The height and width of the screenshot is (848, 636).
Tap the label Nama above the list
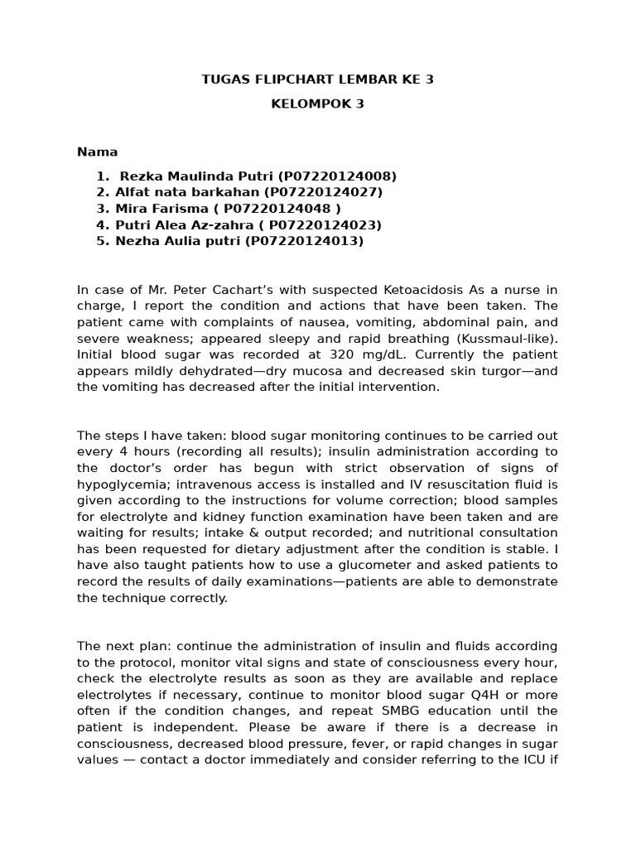97,152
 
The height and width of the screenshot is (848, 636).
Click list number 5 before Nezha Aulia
102,241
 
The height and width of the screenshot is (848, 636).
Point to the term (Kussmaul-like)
508,338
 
